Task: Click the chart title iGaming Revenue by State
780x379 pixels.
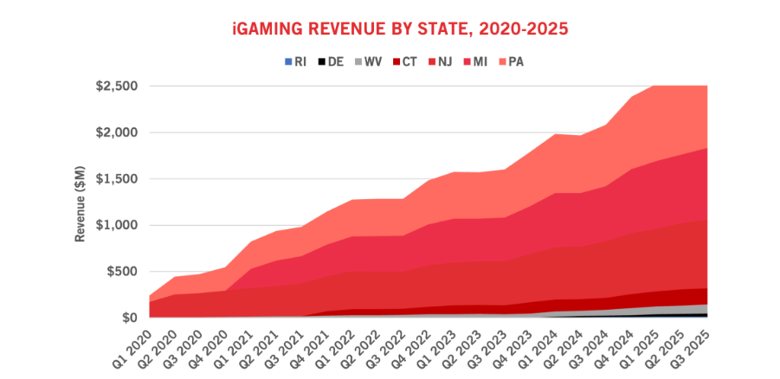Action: [400, 29]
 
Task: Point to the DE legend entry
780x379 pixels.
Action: [331, 62]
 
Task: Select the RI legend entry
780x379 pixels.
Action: [295, 62]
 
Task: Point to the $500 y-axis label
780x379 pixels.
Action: [125, 272]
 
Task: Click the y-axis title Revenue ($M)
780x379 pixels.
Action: [81, 204]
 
